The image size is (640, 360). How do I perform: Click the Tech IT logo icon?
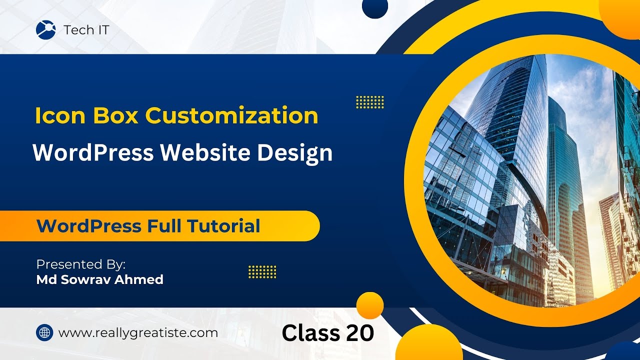46,30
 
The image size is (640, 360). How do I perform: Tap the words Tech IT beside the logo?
86,30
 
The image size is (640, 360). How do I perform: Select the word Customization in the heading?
231,116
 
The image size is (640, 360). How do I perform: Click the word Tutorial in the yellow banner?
224,226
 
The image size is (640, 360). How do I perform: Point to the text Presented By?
81,264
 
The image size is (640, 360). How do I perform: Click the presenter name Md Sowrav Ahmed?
100,279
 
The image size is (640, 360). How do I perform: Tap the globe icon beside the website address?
44,332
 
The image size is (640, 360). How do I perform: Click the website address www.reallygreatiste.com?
138,333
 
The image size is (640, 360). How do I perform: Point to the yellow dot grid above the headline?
369,102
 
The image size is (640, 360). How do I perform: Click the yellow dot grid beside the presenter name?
262,272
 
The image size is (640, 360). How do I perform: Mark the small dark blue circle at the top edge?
375,7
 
